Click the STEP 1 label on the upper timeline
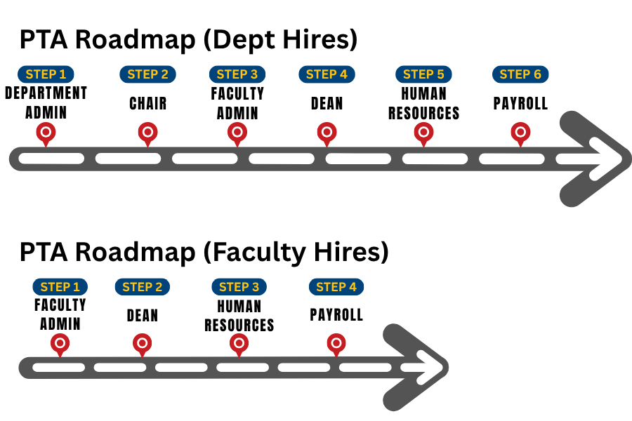[46, 74]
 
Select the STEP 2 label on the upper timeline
[147, 74]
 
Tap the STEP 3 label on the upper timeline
[237, 74]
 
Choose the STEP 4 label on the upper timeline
[327, 74]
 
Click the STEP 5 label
[423, 74]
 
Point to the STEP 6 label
[520, 74]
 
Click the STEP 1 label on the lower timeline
[60, 287]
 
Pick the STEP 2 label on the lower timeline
[142, 287]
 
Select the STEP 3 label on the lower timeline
[239, 287]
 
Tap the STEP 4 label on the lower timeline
[336, 287]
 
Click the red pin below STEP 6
[520, 132]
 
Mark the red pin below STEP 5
[423, 132]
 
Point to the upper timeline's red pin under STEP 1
[46, 132]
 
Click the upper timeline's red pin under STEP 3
[237, 132]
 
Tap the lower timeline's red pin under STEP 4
[336, 343]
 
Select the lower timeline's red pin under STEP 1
[60, 343]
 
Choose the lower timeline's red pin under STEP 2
[142, 343]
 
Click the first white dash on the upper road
[51, 159]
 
